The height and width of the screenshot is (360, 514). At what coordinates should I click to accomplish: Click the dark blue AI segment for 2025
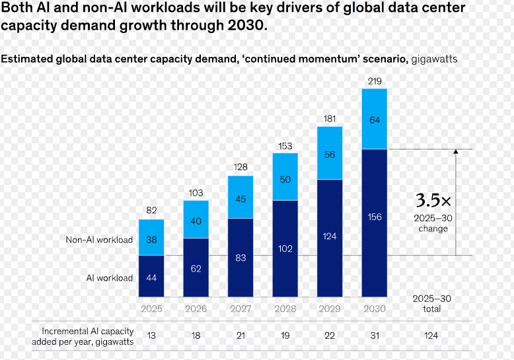click(151, 276)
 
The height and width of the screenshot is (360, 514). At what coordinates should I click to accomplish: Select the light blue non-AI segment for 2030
click(375, 119)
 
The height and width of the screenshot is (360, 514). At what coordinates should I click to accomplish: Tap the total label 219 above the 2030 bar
click(375, 81)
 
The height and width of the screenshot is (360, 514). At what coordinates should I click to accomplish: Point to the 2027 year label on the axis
click(240, 308)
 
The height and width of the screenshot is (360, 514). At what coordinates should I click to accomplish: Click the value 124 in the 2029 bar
click(330, 236)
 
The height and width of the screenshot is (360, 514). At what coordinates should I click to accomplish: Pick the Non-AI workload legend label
click(99, 240)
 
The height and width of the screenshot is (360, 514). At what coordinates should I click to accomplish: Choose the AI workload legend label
click(110, 277)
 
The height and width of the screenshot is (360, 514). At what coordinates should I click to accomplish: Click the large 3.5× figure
click(433, 200)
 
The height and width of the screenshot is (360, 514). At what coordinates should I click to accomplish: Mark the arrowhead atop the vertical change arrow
click(456, 151)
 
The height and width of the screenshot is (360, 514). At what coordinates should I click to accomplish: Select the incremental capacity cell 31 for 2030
click(375, 336)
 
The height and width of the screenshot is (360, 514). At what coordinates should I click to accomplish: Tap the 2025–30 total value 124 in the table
click(431, 336)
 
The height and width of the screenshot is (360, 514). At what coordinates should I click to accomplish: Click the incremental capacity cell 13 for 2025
click(151, 336)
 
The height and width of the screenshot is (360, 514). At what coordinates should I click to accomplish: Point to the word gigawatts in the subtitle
click(434, 59)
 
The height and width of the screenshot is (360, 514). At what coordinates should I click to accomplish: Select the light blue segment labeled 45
click(240, 197)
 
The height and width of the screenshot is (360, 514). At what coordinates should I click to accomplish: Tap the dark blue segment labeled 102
click(285, 248)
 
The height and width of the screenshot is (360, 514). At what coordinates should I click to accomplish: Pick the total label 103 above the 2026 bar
click(196, 193)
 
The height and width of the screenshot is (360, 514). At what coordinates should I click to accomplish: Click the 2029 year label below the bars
click(330, 308)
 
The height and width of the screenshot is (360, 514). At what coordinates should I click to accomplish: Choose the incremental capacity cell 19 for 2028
click(285, 336)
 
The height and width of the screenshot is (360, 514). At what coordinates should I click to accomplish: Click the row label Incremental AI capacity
click(88, 331)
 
